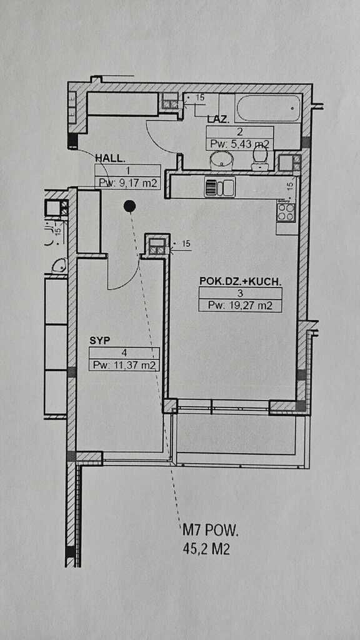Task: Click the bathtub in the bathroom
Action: tap(268, 107)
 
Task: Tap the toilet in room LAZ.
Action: tap(259, 157)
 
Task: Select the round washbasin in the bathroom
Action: tap(221, 159)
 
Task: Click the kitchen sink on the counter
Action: tap(219, 187)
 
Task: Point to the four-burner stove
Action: tap(286, 211)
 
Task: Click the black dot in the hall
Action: tap(129, 206)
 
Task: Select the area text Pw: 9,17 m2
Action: tap(126, 183)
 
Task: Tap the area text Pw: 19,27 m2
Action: tap(240, 305)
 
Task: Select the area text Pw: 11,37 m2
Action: tap(124, 365)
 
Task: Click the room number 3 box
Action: tap(240, 293)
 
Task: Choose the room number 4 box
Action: tap(124, 353)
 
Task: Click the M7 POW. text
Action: tap(210, 531)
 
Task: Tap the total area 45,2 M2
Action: tap(206, 549)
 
